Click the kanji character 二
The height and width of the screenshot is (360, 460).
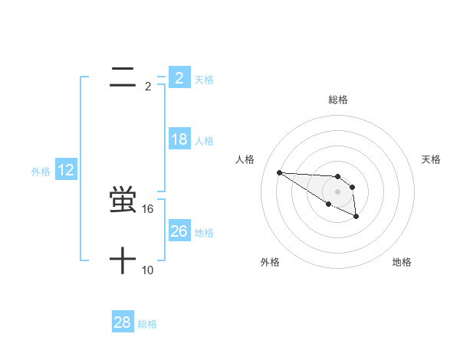123,77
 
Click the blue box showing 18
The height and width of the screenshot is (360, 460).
179,139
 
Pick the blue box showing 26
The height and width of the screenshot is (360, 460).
179,231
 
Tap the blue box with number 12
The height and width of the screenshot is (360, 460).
66,170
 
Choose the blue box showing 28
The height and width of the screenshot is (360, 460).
123,322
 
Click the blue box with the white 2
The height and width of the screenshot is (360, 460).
179,77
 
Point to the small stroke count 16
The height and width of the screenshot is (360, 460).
148,208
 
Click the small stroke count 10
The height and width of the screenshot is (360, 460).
148,270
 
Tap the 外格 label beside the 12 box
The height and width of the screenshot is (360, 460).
41,172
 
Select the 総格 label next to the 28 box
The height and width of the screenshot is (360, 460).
147,324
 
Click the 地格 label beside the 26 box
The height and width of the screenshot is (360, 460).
204,233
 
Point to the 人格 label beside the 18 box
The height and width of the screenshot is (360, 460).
204,141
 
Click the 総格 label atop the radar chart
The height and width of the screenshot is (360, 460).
338,100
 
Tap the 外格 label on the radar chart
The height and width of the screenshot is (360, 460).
270,262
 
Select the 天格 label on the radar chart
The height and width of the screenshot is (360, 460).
431,159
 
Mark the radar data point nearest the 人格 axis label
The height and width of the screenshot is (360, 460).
279,172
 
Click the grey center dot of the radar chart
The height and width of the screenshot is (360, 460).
338,191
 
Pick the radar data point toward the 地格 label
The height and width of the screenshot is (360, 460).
356,217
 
